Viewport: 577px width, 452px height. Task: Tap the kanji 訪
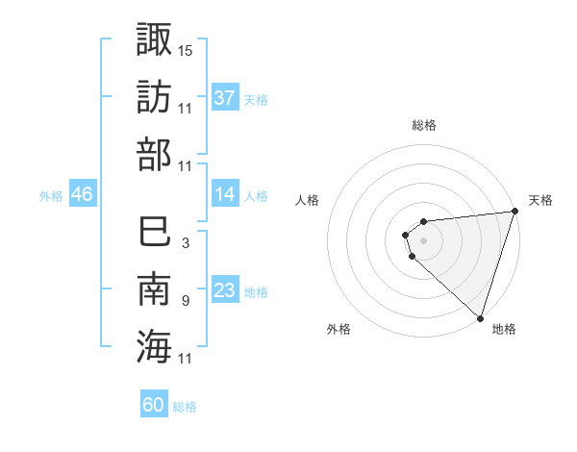154,96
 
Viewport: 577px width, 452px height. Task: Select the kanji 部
154,154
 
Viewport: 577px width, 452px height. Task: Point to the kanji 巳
154,232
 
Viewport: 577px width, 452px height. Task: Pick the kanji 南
154,289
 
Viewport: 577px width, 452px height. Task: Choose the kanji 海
154,346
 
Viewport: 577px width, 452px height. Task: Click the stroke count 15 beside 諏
186,50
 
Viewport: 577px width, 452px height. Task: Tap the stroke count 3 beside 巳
185,243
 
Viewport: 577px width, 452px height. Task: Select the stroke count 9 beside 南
185,301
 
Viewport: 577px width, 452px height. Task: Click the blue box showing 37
225,98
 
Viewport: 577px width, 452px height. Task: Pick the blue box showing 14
225,195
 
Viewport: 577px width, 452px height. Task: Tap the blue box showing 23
225,291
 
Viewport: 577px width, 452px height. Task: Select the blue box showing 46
83,195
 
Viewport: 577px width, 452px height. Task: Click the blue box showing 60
154,406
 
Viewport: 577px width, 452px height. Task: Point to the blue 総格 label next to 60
185,407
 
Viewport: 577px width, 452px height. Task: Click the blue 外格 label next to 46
51,196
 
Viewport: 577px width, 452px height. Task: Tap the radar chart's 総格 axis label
424,125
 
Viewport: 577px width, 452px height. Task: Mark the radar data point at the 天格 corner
514,213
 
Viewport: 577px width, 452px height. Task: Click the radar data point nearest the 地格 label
480,318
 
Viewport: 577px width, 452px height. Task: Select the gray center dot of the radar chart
423,239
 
